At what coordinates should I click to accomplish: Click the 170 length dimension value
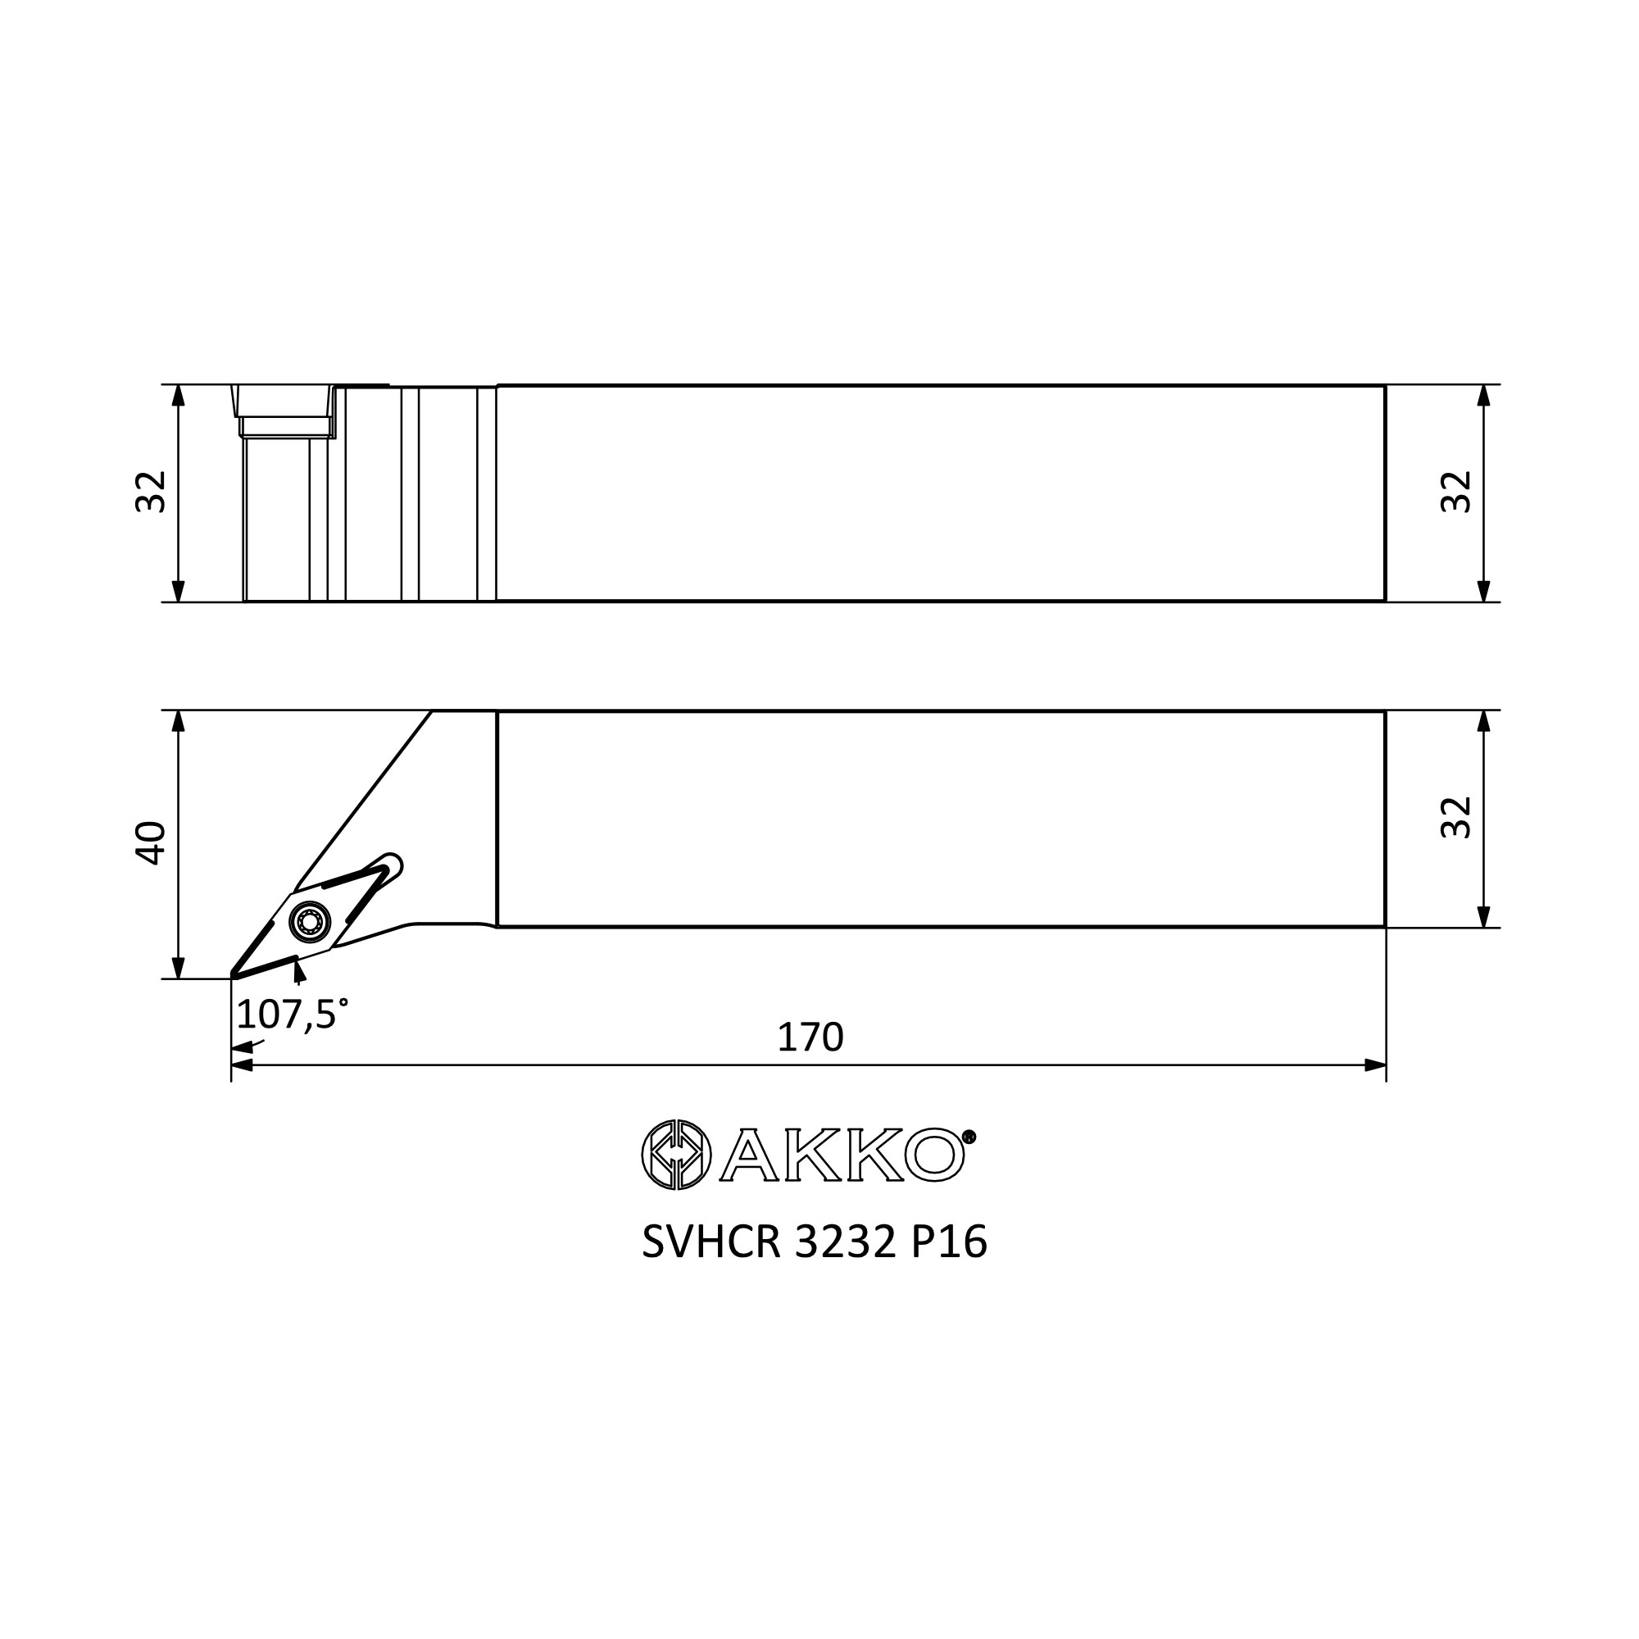point(810,1037)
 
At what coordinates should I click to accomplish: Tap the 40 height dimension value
point(152,842)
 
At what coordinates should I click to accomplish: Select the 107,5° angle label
point(292,1014)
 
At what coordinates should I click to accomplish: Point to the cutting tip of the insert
point(234,978)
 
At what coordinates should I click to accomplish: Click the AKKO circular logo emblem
point(676,1155)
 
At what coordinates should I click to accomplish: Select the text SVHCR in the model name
point(711,1244)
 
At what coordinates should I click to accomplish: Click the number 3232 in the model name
point(845,1244)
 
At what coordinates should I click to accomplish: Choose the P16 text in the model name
point(949,1244)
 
